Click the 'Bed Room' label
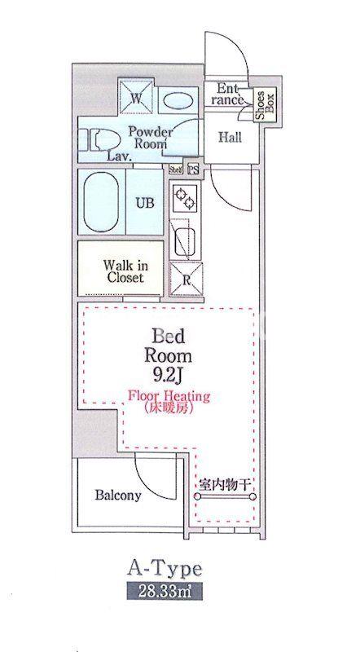(x=169, y=346)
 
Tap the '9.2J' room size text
(x=169, y=376)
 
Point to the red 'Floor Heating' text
(x=169, y=396)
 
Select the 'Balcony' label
(x=118, y=495)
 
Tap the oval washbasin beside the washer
(x=176, y=100)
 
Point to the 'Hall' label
(x=230, y=137)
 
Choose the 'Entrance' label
(x=230, y=94)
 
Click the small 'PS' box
(x=193, y=170)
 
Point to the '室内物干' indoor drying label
(x=225, y=486)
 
